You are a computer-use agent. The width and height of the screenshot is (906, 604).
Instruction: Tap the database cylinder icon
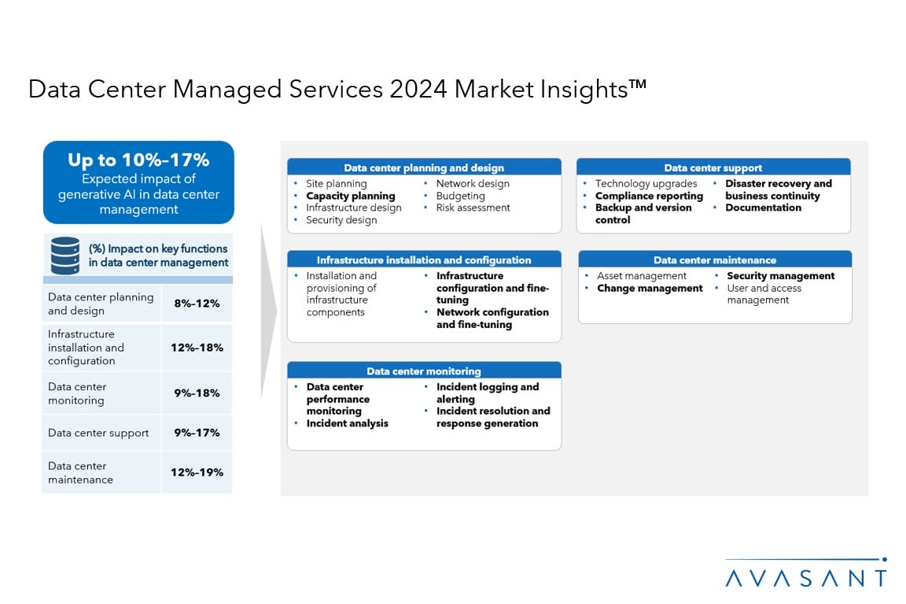65,255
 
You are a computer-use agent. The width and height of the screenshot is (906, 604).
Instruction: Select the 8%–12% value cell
197,304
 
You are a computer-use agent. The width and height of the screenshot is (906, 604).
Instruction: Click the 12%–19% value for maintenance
197,473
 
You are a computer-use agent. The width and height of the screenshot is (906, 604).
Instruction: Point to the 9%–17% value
197,433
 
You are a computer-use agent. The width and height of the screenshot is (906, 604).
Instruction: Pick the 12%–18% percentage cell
197,348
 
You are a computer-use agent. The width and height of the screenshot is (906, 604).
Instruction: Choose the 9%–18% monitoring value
197,393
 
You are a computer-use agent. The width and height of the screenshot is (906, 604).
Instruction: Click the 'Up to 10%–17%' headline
138,160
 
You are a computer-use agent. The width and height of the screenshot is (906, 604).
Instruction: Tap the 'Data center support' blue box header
713,168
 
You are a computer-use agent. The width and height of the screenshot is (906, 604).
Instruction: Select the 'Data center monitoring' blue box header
424,371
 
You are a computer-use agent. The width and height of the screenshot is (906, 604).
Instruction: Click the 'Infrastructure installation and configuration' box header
424,260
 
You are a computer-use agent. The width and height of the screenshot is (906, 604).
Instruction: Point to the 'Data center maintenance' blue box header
715,260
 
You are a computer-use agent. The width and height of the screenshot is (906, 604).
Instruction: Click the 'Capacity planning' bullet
350,196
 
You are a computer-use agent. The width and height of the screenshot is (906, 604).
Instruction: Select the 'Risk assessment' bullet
473,208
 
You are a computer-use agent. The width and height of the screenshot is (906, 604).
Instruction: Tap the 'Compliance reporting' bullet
649,196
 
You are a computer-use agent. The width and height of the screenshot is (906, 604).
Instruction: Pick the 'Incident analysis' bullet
347,423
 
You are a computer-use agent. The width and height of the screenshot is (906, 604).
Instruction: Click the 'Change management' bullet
650,288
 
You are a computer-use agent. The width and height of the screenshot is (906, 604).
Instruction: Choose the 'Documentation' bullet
763,208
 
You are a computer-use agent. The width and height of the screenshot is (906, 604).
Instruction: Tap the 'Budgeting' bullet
460,196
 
